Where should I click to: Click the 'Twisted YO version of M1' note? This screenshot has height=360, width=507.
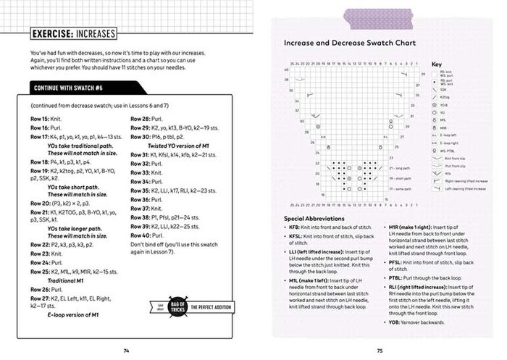click(x=179, y=145)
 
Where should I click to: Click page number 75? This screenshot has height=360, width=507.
click(x=380, y=351)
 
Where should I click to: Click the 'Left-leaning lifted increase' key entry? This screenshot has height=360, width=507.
click(x=469, y=189)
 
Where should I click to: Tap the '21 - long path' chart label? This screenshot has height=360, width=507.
click(x=401, y=167)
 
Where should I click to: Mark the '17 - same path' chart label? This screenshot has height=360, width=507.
click(x=401, y=188)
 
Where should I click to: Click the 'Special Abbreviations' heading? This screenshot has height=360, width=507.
click(x=314, y=218)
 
